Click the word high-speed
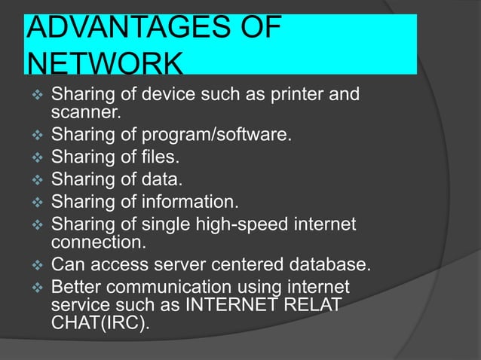(254, 224)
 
